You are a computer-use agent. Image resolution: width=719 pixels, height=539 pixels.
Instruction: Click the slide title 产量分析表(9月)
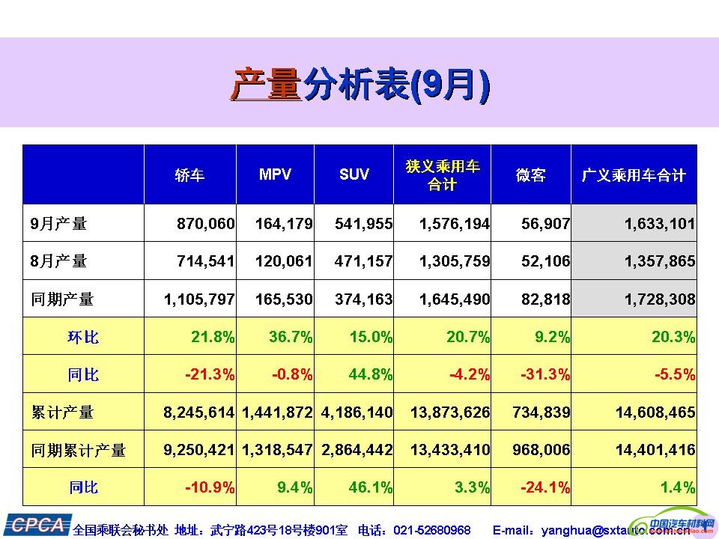pyautogui.click(x=359, y=84)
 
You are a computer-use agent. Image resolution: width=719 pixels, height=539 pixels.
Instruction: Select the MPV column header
pyautogui.click(x=275, y=174)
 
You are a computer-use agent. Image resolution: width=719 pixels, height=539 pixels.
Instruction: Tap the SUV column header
pyautogui.click(x=354, y=174)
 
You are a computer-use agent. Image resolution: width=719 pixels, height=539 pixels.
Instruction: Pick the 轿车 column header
pyautogui.click(x=189, y=175)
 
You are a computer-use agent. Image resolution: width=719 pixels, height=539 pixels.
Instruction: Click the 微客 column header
pyautogui.click(x=531, y=175)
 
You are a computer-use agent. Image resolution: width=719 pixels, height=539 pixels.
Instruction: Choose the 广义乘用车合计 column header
pyautogui.click(x=634, y=175)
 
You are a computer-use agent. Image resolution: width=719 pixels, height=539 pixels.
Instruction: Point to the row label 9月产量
pyautogui.click(x=59, y=223)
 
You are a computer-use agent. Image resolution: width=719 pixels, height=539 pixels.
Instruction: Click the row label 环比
pyautogui.click(x=83, y=337)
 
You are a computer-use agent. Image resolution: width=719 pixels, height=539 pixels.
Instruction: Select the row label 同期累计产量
pyautogui.click(x=79, y=451)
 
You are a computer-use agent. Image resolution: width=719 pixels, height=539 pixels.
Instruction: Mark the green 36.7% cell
pyautogui.click(x=291, y=337)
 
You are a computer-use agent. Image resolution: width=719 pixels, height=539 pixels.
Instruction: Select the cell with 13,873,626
pyautogui.click(x=450, y=412)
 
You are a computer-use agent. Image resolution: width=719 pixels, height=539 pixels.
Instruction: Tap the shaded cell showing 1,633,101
pyautogui.click(x=659, y=223)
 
